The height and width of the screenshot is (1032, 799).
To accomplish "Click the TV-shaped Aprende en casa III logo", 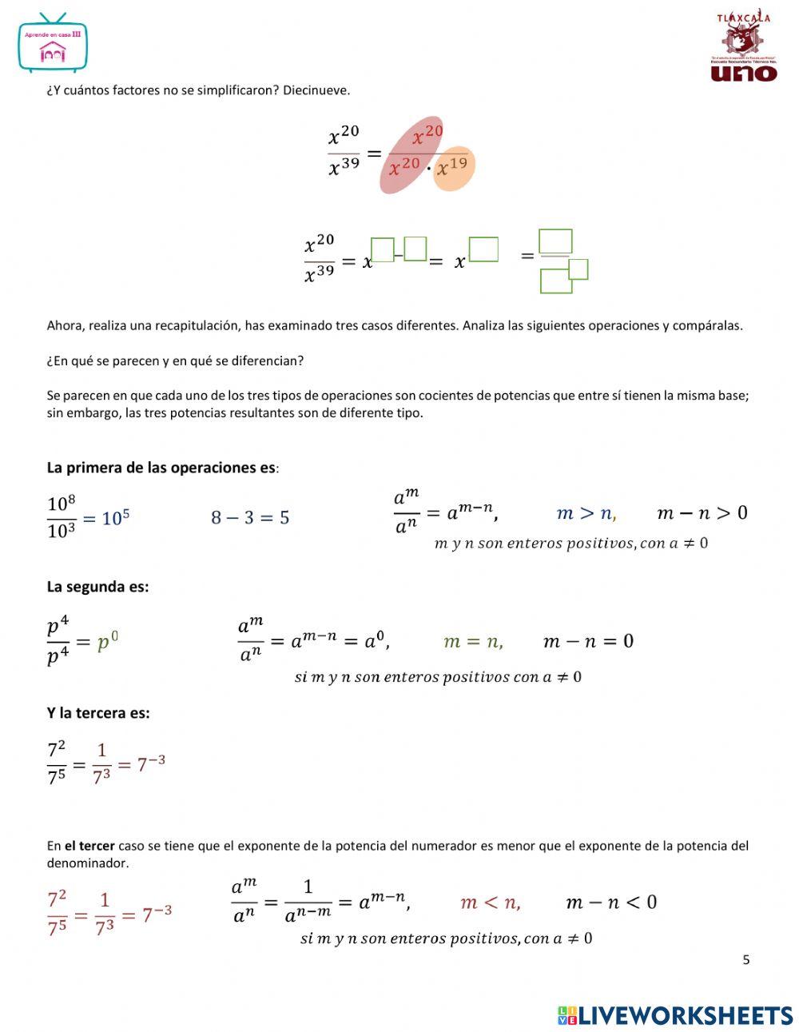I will coord(52,45).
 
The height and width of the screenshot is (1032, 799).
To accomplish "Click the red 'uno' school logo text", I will coord(743,72).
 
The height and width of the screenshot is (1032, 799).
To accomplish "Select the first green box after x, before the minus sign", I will coord(383,250).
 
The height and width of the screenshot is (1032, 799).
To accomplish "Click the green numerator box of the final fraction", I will coord(555,241).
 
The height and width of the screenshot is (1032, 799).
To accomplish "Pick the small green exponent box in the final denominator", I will coord(578,269).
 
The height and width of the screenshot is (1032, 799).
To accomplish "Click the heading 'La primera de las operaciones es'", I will coord(161,468).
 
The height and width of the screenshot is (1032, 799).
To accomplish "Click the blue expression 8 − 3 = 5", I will coord(250,517).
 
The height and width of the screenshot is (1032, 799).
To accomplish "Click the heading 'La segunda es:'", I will coord(97,587).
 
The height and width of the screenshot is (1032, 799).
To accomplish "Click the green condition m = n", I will coord(473,641).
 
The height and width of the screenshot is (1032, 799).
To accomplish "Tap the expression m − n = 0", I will coord(588,641).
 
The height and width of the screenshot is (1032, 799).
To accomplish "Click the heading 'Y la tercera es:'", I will coord(98,713).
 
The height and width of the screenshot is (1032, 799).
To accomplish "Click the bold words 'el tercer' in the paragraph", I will coord(89,846).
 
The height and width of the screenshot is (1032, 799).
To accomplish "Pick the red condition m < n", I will coord(491,903).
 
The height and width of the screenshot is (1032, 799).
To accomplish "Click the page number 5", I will coord(746,960).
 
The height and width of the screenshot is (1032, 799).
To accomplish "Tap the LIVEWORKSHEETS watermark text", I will coord(686,1015).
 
